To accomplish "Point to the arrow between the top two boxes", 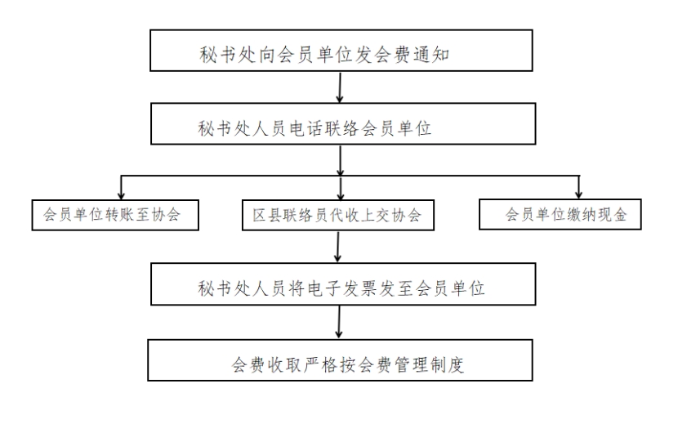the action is point(340,87).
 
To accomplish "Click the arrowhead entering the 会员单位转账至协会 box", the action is point(121,194).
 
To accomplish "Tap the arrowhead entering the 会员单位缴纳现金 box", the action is point(578,194).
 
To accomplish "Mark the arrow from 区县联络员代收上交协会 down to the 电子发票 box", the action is point(337,247).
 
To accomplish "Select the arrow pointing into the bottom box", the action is point(339,322).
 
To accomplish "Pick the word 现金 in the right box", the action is point(612,214).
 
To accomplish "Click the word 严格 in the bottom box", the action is point(320,364).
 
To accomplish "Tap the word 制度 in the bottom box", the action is point(447,364).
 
